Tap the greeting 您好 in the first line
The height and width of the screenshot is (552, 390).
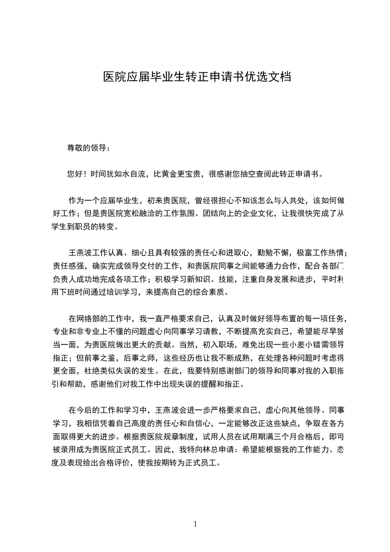click(75, 174)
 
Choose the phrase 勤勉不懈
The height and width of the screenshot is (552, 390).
click(273, 253)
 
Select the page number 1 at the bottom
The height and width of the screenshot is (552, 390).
click(195, 523)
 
